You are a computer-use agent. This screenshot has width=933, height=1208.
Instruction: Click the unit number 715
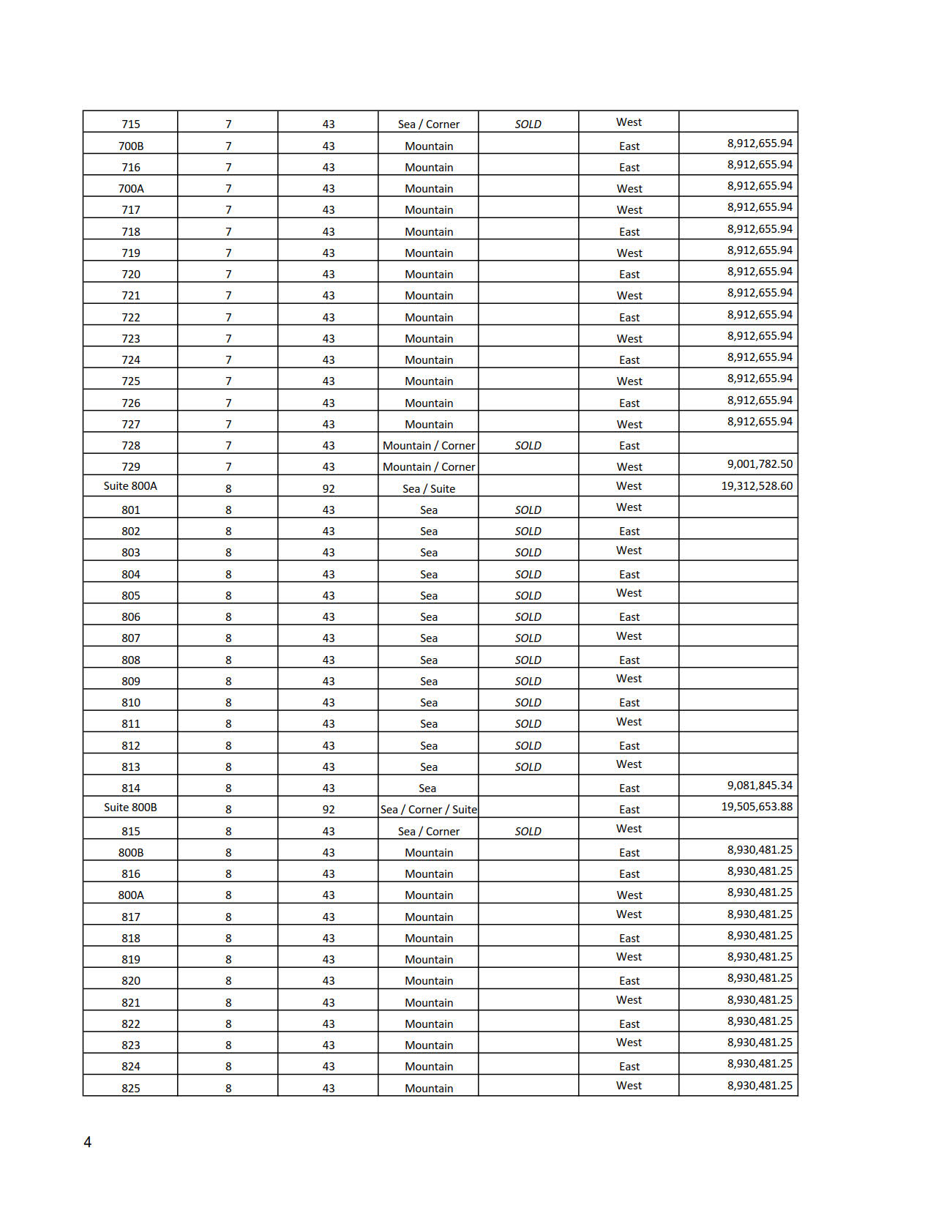[x=130, y=124]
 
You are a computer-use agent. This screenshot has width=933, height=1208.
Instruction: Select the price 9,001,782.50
[x=760, y=464]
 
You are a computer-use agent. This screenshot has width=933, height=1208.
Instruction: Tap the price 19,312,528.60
[x=757, y=486]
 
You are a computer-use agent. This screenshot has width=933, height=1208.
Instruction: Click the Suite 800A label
[x=130, y=486]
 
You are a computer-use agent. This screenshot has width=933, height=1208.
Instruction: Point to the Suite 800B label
[x=130, y=808]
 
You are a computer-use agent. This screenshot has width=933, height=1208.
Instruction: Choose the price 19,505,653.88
[x=757, y=807]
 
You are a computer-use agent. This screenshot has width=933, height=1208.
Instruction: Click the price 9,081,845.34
[x=760, y=786]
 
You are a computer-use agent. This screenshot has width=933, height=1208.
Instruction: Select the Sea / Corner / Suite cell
[x=429, y=810]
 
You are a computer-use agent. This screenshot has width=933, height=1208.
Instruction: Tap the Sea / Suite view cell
[x=429, y=489]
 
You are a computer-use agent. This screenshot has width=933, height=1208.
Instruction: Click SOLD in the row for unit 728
[x=528, y=446]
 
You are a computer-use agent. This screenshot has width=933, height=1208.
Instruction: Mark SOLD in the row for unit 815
[x=528, y=832]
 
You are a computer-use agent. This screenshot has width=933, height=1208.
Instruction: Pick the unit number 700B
[x=131, y=146]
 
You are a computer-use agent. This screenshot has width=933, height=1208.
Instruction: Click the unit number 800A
[x=131, y=895]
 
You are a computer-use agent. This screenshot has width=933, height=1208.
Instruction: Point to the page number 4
[x=88, y=1142]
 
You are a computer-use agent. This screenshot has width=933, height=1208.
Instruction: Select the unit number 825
[x=130, y=1089]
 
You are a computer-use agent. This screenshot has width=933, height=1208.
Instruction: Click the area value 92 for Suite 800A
[x=329, y=489]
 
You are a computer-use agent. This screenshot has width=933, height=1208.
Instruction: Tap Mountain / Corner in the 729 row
[x=429, y=467]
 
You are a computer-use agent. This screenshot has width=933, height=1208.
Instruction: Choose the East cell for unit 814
[x=629, y=788]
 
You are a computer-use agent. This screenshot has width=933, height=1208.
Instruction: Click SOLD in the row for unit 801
[x=528, y=510]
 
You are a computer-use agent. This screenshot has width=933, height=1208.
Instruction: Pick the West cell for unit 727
[x=629, y=425]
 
